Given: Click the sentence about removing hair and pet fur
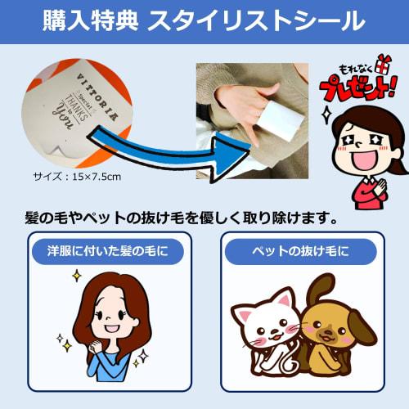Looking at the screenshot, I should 179,219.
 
